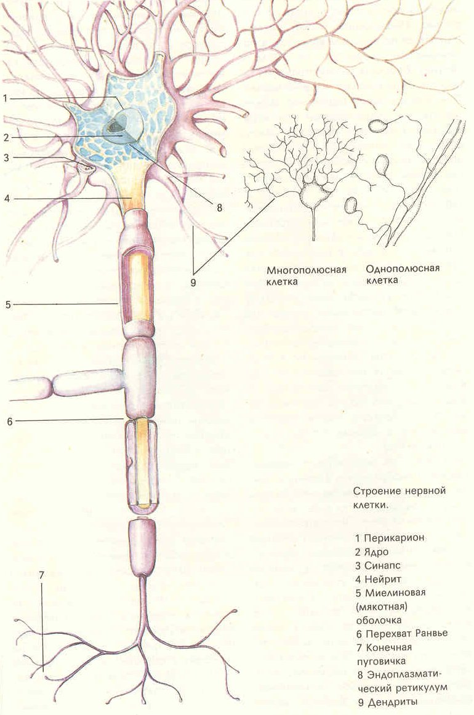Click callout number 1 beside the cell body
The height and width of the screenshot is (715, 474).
[x=5, y=98]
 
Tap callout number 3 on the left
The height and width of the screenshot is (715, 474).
[x=6, y=158]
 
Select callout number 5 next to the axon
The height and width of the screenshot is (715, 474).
[x=7, y=304]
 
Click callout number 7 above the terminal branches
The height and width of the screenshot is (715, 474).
[x=42, y=576]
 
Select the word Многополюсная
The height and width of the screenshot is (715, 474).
[x=307, y=270]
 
